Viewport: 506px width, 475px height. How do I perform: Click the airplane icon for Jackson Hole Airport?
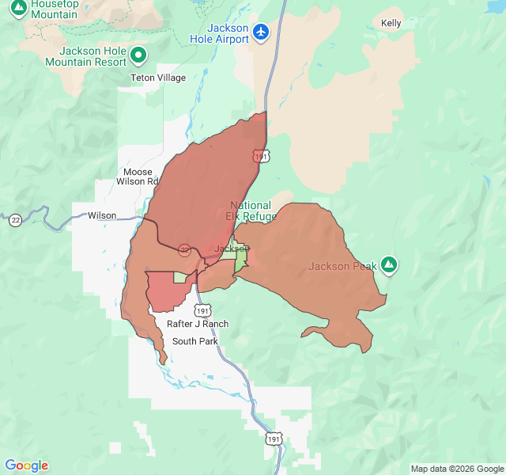261,32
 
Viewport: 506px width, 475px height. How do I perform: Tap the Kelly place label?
391,23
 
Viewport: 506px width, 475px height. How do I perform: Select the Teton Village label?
158,78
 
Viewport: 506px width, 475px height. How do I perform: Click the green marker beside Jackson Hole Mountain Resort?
139,55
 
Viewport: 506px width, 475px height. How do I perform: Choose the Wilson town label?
102,215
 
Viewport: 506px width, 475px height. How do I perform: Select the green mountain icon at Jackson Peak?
388,265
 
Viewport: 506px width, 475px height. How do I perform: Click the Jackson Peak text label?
340,266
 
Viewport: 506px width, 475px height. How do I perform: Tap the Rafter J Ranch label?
198,324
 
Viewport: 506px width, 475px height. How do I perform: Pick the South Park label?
195,341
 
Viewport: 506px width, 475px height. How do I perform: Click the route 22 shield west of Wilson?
15,219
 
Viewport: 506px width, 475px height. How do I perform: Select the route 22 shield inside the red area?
184,249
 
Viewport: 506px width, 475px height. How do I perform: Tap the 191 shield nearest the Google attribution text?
274,438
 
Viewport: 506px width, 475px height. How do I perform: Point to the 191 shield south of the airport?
262,156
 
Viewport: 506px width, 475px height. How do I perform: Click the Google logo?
26,465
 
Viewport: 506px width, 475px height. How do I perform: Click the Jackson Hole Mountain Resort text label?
86,55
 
